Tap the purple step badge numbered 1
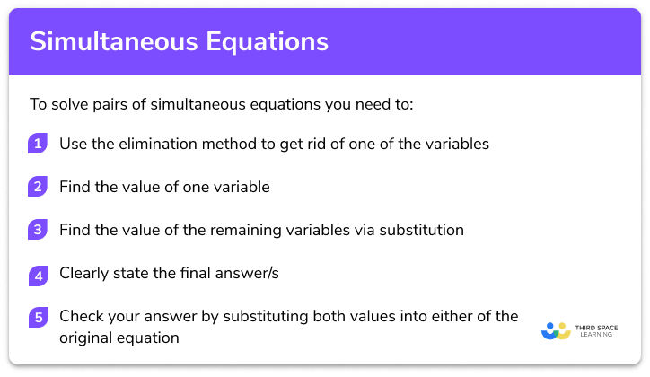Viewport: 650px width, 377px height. pyautogui.click(x=38, y=144)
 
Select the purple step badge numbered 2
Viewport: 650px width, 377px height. pyautogui.click(x=38, y=187)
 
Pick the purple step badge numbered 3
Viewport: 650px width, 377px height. pyautogui.click(x=38, y=230)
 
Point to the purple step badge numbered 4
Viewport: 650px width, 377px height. pyautogui.click(x=38, y=273)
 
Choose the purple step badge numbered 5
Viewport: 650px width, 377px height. pyautogui.click(x=38, y=316)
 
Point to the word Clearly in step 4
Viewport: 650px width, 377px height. pyautogui.click(x=83, y=273)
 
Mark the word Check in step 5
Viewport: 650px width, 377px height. pyautogui.click(x=81, y=316)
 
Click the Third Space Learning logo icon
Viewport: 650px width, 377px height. pyautogui.click(x=557, y=330)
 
